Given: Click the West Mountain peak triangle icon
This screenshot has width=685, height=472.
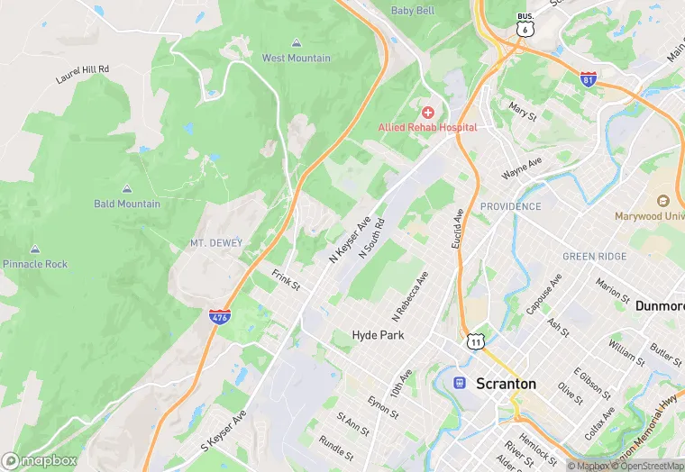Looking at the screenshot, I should (x=297, y=42).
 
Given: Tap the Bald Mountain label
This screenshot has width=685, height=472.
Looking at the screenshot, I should (x=127, y=204).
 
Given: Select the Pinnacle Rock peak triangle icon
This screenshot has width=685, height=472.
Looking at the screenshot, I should (x=35, y=249).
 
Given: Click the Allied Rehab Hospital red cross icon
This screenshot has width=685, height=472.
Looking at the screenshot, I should (x=427, y=112).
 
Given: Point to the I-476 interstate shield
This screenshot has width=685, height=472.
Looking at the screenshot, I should (x=219, y=316).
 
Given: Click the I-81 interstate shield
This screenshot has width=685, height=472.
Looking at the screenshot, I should (x=589, y=79).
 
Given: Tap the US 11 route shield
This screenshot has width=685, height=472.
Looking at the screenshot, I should (x=476, y=341).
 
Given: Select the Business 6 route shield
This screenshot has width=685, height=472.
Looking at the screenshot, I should (x=524, y=24).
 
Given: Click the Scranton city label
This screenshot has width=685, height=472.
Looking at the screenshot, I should (x=506, y=384).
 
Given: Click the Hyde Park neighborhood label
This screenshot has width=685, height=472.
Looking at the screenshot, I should (x=379, y=335).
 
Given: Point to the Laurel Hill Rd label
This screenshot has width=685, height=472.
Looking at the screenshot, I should (x=82, y=74).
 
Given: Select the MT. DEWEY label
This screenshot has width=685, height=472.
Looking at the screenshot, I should (x=216, y=243).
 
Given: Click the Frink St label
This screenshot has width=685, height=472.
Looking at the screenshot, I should (x=286, y=278).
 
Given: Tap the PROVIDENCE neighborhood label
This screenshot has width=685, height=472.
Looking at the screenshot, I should (x=511, y=206).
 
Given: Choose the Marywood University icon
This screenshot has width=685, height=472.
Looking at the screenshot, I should (x=663, y=201).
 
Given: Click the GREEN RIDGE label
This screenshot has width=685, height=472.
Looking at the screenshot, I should (x=595, y=257).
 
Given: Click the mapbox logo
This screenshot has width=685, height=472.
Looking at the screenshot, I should (x=40, y=459).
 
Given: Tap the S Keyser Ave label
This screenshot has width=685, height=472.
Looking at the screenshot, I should (x=224, y=431).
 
